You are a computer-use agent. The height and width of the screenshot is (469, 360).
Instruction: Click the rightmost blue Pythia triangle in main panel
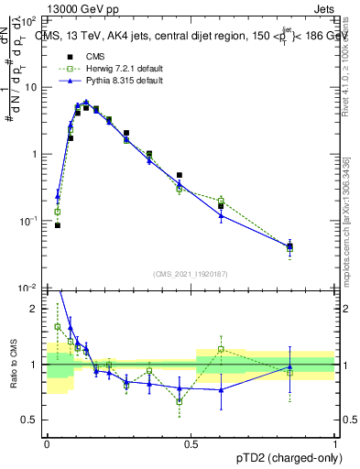(x=290, y=245)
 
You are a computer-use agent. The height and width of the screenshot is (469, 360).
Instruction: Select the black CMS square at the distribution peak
(x=86, y=107)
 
